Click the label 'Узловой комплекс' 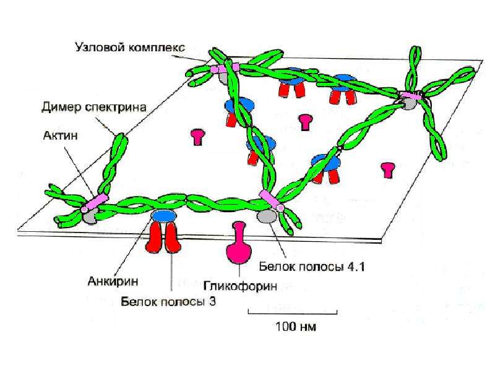point(130,48)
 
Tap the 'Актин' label point(60,135)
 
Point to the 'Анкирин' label point(113,281)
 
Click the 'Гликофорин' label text point(240,286)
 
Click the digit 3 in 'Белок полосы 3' point(212,302)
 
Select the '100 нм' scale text point(296,326)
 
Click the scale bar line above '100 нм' point(293,313)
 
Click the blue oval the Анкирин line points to point(164,215)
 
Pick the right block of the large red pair point(173,238)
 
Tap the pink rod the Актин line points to point(95,203)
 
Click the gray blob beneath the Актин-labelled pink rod point(89,217)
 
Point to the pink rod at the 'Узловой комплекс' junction point(225,68)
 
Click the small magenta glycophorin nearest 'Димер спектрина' point(198,137)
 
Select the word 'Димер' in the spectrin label point(61,108)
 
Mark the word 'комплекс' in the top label point(157,48)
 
